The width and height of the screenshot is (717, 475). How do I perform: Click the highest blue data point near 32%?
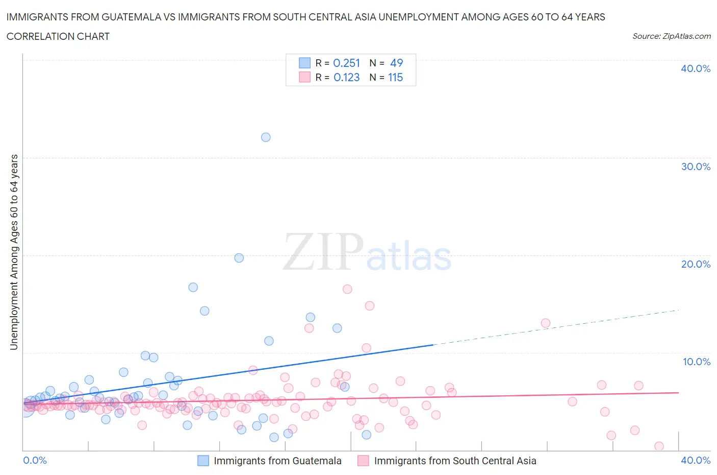coord(266,137)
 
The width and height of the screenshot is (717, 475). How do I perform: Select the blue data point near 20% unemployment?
coord(239,258)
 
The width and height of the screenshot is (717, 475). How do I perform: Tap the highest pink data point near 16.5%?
coord(347,289)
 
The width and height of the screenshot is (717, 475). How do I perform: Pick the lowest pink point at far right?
coord(659,446)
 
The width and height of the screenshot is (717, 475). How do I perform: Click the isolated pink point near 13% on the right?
coord(546,323)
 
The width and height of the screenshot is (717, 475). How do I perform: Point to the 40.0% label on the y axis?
coord(696,69)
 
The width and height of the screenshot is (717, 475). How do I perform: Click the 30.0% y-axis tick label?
coord(696,167)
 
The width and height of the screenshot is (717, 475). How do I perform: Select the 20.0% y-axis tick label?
coord(696,264)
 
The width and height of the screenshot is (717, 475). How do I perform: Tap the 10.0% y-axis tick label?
coord(696,362)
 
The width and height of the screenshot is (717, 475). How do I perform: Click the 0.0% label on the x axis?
coord(35,460)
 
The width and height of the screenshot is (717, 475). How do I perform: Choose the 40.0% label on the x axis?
coord(696,460)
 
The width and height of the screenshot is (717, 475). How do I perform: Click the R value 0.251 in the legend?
coord(346,63)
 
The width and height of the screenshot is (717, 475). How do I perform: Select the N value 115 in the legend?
coord(395,77)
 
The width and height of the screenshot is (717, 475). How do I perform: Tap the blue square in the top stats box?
coord(304,63)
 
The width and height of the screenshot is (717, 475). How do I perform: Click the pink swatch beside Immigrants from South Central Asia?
coord(363,461)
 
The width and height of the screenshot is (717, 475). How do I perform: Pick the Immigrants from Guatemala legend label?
coord(277,461)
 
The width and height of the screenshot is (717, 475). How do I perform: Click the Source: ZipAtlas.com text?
coord(671,36)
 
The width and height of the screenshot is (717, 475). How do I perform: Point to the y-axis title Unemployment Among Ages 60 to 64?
coord(14,252)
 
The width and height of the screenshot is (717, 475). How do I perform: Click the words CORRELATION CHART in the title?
coord(58,36)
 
